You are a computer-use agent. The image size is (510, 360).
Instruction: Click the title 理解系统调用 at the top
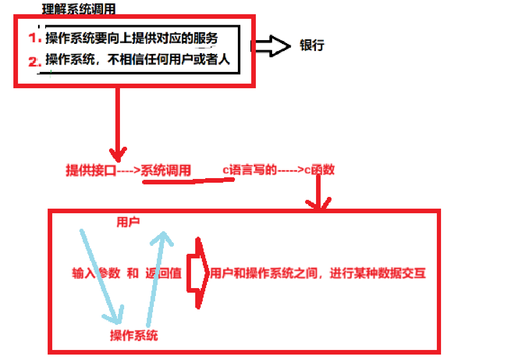point(79,10)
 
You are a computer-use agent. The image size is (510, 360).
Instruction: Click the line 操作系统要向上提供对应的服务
point(132,38)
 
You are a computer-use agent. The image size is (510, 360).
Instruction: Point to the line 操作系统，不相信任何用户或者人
point(138,60)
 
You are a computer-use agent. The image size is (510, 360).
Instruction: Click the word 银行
point(312,45)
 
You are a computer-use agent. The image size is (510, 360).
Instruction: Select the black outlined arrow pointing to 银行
point(271,46)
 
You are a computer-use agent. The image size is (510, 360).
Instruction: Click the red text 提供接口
point(90,170)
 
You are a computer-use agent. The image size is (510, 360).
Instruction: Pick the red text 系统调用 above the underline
point(166,170)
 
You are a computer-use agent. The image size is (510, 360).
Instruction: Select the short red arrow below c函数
point(318,194)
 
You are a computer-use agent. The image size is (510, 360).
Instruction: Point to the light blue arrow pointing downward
point(100,276)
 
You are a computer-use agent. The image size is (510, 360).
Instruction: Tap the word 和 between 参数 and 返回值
point(133,273)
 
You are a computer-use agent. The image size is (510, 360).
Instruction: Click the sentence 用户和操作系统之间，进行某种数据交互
point(318,273)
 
